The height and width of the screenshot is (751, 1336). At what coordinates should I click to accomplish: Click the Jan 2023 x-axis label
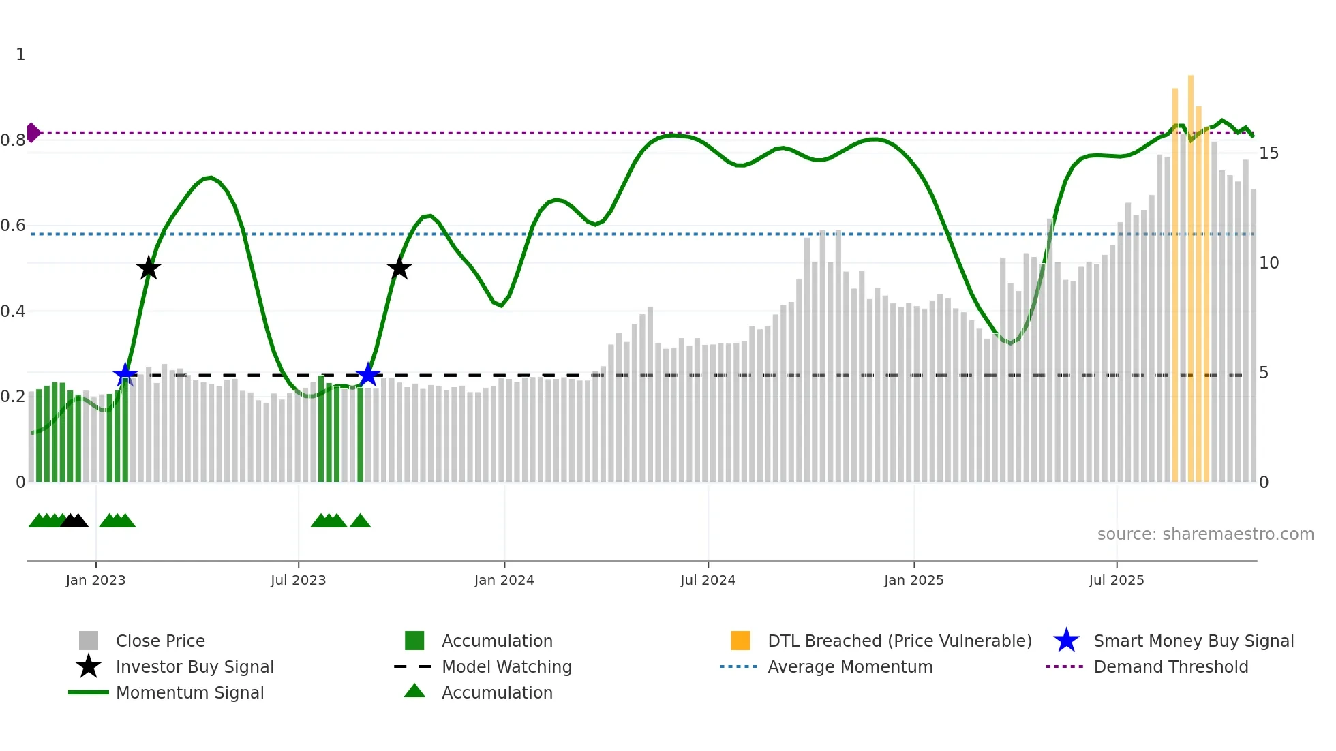[95, 580]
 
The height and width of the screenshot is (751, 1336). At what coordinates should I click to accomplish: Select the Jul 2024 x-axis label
[708, 580]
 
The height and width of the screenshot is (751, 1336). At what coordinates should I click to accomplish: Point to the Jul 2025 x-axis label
[1116, 580]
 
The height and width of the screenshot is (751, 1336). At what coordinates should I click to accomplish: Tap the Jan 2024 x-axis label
[504, 580]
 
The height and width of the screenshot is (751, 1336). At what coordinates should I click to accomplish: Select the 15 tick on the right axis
[1269, 153]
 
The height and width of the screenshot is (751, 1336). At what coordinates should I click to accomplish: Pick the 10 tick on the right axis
[1269, 263]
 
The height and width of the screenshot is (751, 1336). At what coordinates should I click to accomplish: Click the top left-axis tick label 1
[20, 55]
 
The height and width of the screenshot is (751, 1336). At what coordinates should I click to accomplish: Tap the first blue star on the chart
[125, 374]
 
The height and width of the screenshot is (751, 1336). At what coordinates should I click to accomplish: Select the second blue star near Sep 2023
[368, 374]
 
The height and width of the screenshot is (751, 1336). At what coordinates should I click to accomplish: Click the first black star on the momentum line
[149, 269]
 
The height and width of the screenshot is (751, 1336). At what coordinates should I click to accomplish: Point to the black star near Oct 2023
[399, 269]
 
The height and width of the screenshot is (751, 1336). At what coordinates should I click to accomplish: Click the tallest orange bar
[1191, 273]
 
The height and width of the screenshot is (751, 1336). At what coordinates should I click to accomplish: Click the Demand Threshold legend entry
[1170, 666]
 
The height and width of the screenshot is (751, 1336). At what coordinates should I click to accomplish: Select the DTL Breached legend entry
[899, 641]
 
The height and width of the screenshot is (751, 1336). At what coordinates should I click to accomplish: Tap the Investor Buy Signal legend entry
[194, 666]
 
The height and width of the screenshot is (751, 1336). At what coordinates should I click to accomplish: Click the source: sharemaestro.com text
[1205, 534]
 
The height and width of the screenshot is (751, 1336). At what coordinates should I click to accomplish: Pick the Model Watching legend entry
[506, 666]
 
